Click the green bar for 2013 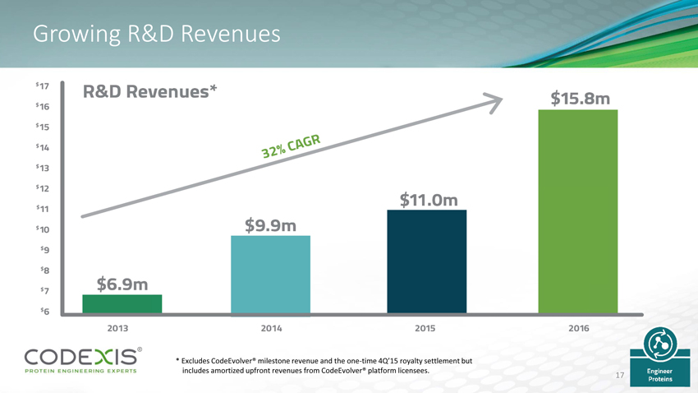point(122,303)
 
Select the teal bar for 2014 point(271,274)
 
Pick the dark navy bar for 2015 point(426,261)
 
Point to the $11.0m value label point(429,200)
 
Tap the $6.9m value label point(122,284)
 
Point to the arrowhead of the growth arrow point(494,101)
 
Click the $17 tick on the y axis point(43,86)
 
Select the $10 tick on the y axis point(43,229)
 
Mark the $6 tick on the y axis point(44,311)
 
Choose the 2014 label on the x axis point(272,328)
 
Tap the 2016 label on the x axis point(579,328)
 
